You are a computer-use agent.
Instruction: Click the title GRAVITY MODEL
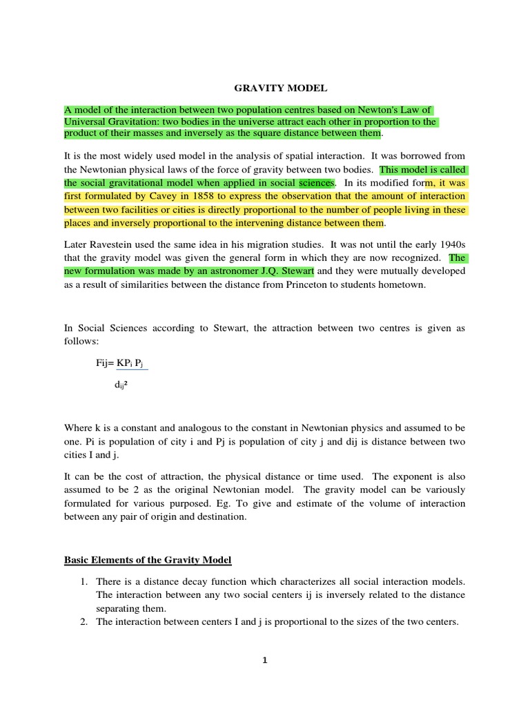tap(264, 88)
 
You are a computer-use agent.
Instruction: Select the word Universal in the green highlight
tap(86, 122)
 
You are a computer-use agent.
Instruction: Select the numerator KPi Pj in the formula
tap(133, 362)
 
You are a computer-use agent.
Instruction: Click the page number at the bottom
tap(264, 660)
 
